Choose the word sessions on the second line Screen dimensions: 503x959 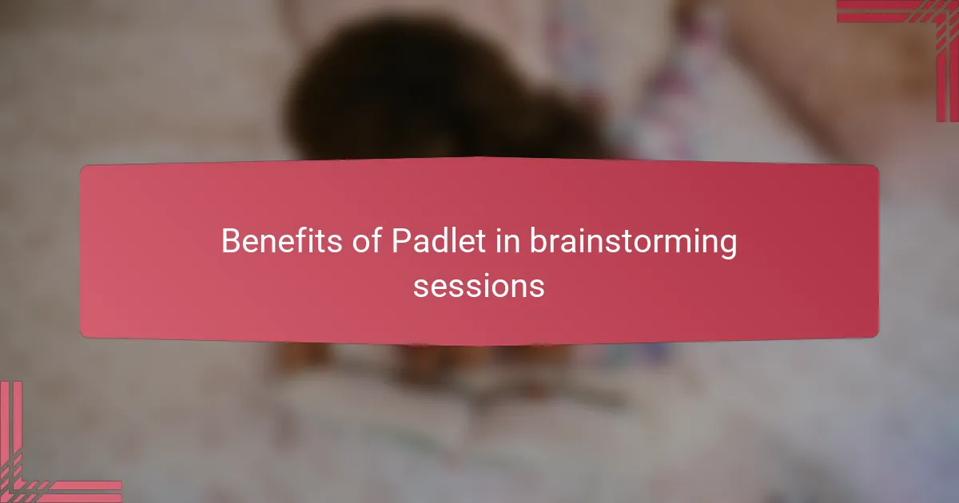point(479,285)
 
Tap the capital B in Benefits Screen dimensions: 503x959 point(230,241)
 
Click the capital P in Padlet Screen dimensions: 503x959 point(400,241)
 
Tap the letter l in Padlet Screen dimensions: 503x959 point(452,240)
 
